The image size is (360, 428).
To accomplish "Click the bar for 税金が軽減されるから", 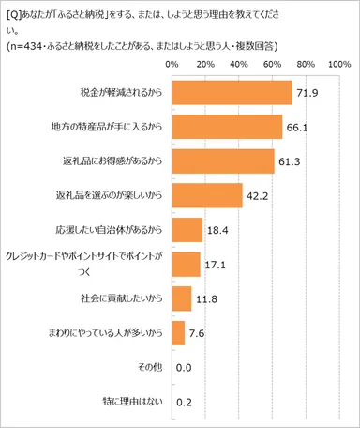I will (x=232, y=92).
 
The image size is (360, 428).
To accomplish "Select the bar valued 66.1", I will (x=227, y=126).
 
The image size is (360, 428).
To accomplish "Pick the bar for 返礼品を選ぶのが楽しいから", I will (x=206, y=195).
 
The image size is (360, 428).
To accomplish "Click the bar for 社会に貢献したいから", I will (x=182, y=298).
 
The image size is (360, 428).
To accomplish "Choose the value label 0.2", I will (x=185, y=403).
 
